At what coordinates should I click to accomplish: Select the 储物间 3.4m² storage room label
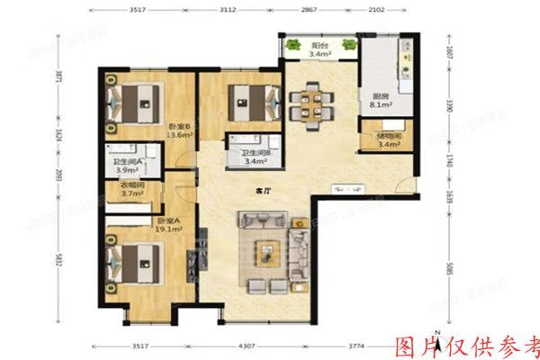[389, 141]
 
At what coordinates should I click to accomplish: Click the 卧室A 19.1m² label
[169, 225]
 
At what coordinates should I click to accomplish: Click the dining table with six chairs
[314, 100]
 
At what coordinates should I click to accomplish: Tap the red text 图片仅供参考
[467, 346]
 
